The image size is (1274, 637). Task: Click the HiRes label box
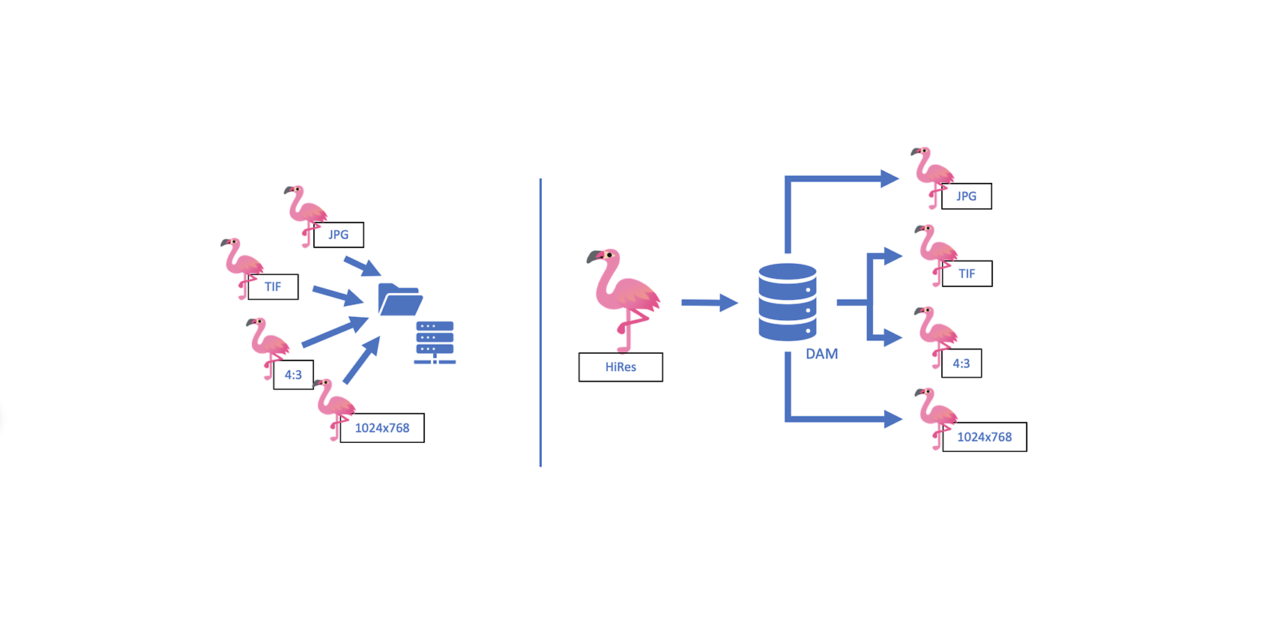[621, 367]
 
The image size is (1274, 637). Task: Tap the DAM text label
[821, 354]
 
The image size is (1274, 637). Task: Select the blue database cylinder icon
[787, 302]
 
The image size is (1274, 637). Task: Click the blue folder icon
[399, 300]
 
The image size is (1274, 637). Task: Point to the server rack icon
[435, 342]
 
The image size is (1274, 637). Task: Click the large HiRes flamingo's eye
[610, 256]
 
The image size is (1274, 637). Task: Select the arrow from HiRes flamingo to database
[708, 303]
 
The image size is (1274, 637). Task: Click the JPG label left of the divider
[338, 235]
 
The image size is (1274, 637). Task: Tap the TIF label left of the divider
[273, 287]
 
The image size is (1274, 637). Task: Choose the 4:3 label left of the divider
[293, 375]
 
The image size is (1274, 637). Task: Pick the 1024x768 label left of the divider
[382, 428]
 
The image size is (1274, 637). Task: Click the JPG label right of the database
[966, 196]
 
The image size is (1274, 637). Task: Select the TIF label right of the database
[967, 274]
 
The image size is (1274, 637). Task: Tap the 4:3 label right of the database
[961, 363]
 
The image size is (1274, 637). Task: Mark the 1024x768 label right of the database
[984, 437]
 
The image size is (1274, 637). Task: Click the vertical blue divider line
[540, 322]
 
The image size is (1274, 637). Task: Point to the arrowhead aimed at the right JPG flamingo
[890, 178]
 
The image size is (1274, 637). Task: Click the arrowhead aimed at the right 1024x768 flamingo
[893, 419]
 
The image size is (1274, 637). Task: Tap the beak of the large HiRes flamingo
[594, 258]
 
